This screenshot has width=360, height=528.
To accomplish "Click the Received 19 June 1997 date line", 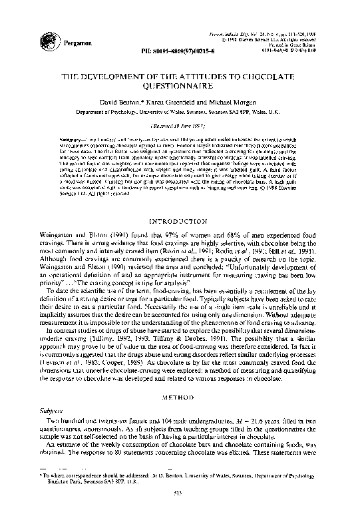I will pos(180,125).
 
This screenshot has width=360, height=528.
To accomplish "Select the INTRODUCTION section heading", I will pos(180,220).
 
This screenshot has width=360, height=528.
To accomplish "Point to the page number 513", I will pos(180,511).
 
